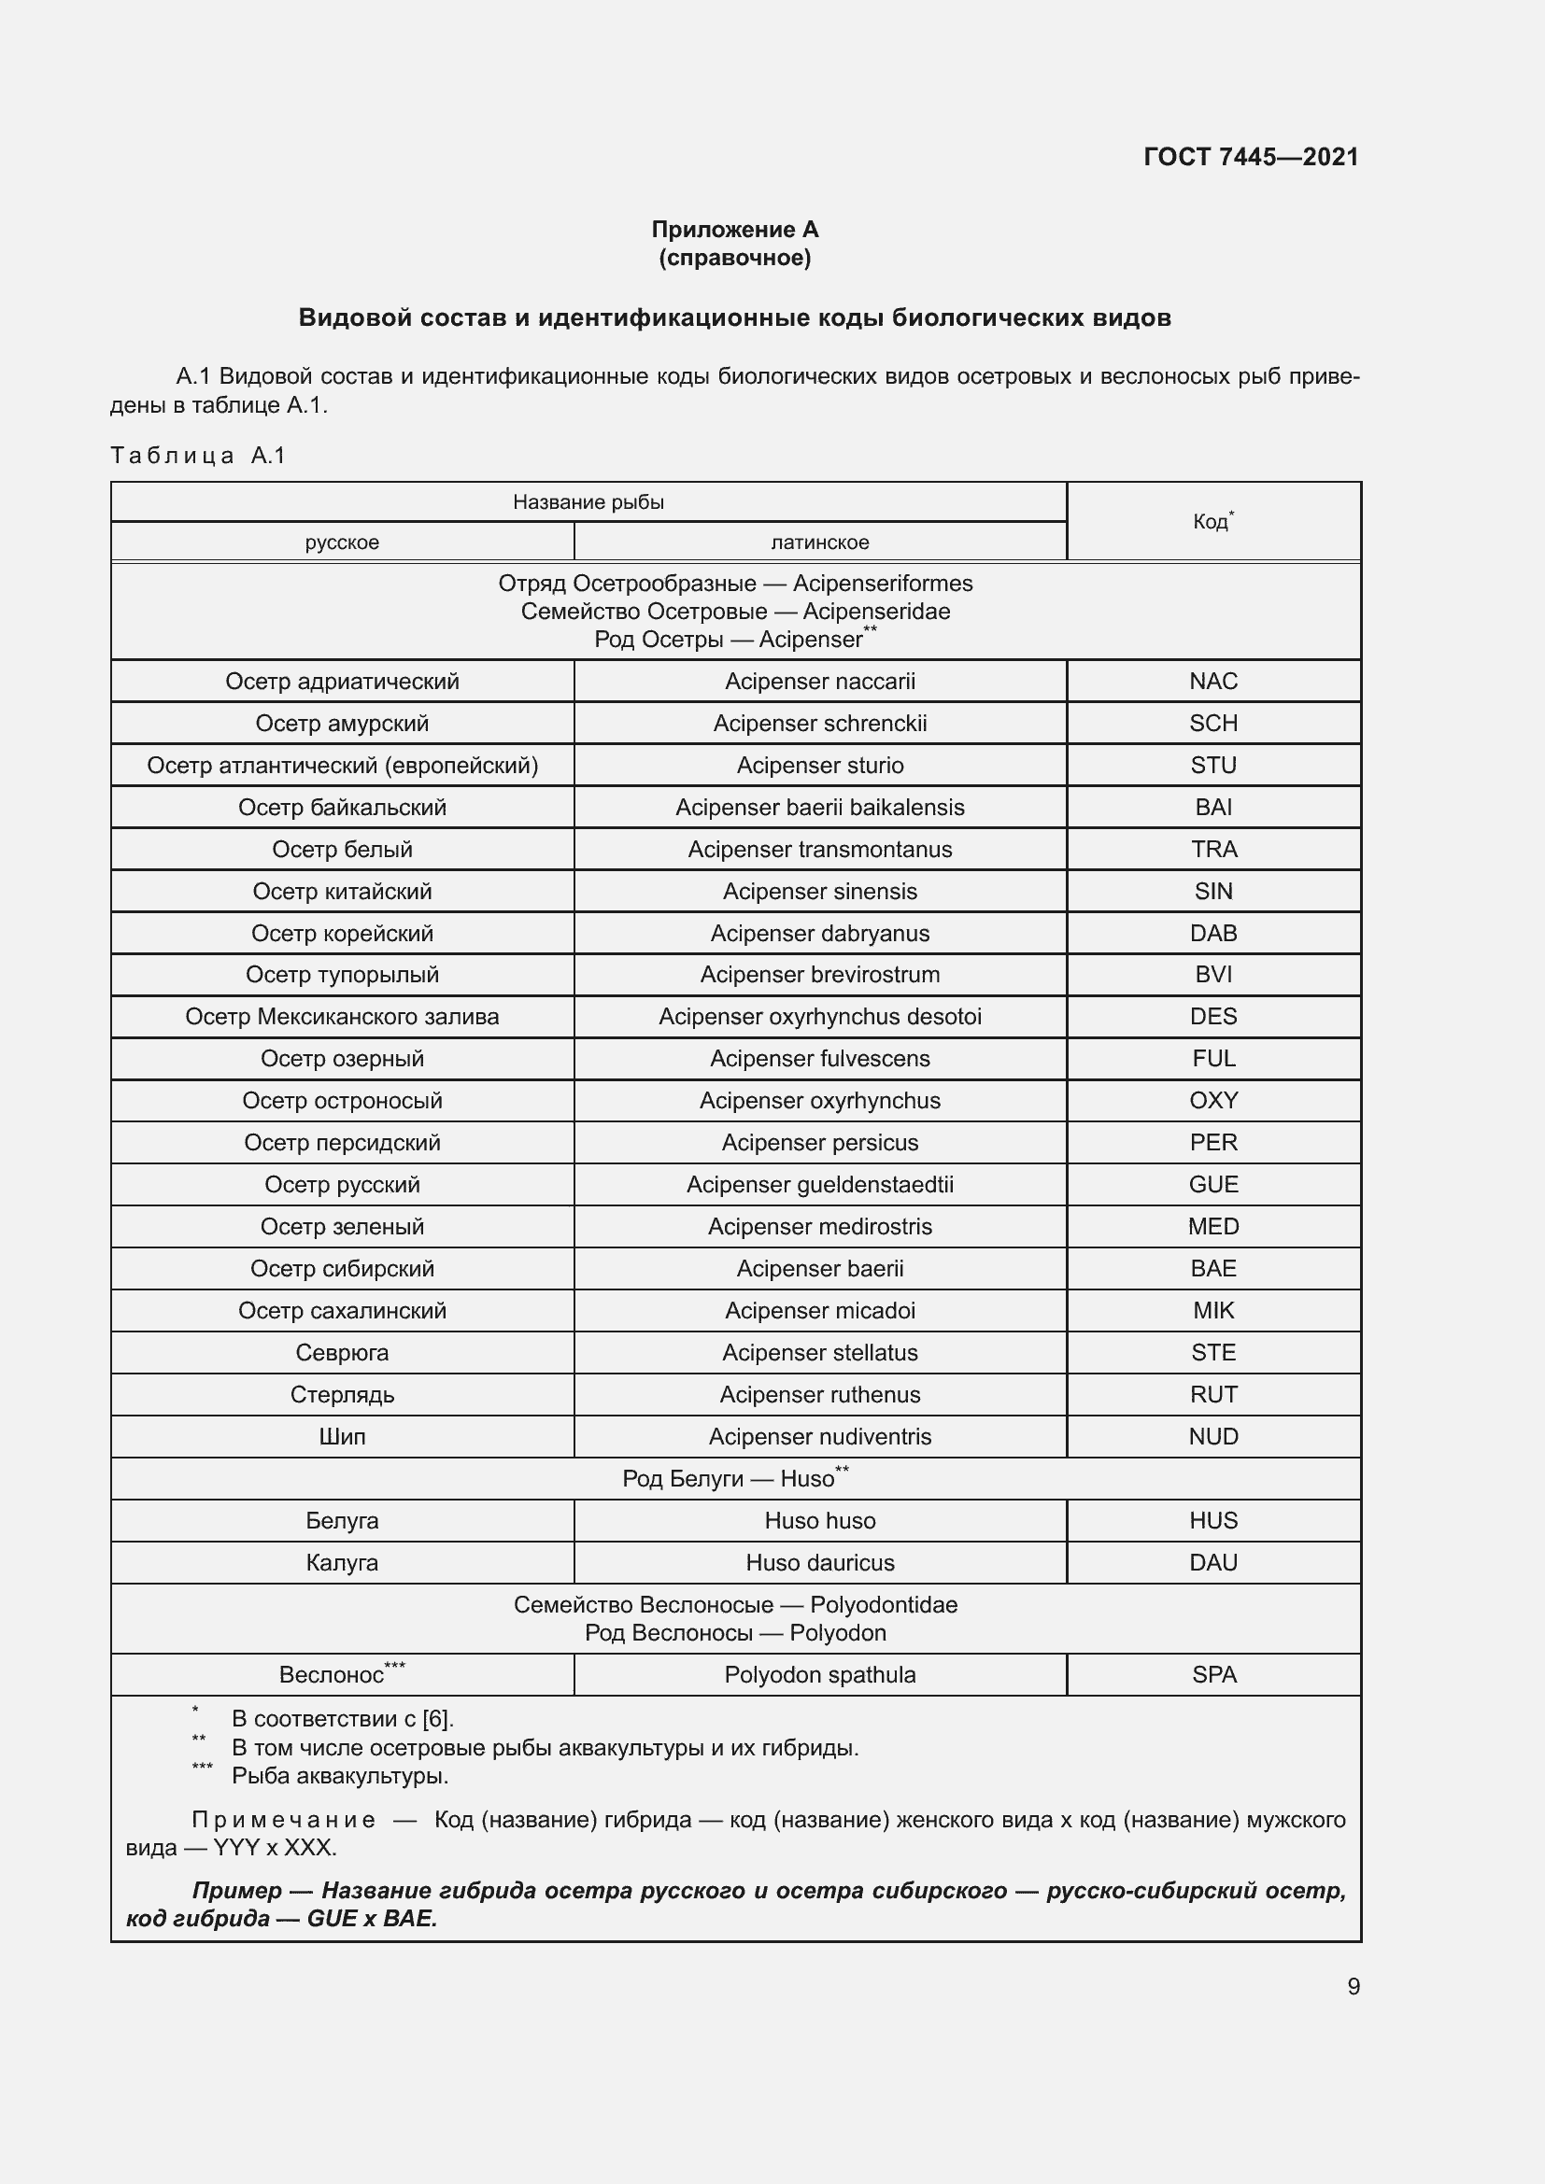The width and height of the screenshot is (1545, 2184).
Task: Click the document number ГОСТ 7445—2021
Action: click(1250, 157)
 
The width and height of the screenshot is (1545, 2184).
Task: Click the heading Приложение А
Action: click(734, 230)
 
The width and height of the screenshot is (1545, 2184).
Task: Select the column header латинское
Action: click(819, 542)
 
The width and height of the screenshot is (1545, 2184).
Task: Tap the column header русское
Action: click(342, 542)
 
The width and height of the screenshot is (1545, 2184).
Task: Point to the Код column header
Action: click(1212, 521)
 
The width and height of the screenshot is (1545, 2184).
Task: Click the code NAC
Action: click(1213, 681)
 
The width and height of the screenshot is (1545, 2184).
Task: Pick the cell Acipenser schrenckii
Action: click(819, 723)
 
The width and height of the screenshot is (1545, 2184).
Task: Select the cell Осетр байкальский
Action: click(342, 807)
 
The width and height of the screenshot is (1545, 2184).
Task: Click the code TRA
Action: click(1213, 849)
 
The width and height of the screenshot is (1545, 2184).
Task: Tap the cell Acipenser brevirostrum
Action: click(819, 974)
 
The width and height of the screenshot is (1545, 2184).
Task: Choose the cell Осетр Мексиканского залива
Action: click(342, 1016)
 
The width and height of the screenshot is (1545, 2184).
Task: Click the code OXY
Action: click(1213, 1100)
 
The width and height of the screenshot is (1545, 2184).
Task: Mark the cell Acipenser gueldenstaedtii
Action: click(819, 1184)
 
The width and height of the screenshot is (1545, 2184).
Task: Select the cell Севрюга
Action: click(342, 1352)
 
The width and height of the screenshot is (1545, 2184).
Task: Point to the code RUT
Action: click(1213, 1393)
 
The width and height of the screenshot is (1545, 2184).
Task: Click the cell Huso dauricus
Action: click(819, 1562)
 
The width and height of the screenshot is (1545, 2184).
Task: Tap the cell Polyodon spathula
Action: click(819, 1674)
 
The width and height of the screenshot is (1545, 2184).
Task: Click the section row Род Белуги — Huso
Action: click(734, 1478)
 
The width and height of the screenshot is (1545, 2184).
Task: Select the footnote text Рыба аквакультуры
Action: click(340, 1776)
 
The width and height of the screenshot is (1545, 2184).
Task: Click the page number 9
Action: click(1353, 1986)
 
